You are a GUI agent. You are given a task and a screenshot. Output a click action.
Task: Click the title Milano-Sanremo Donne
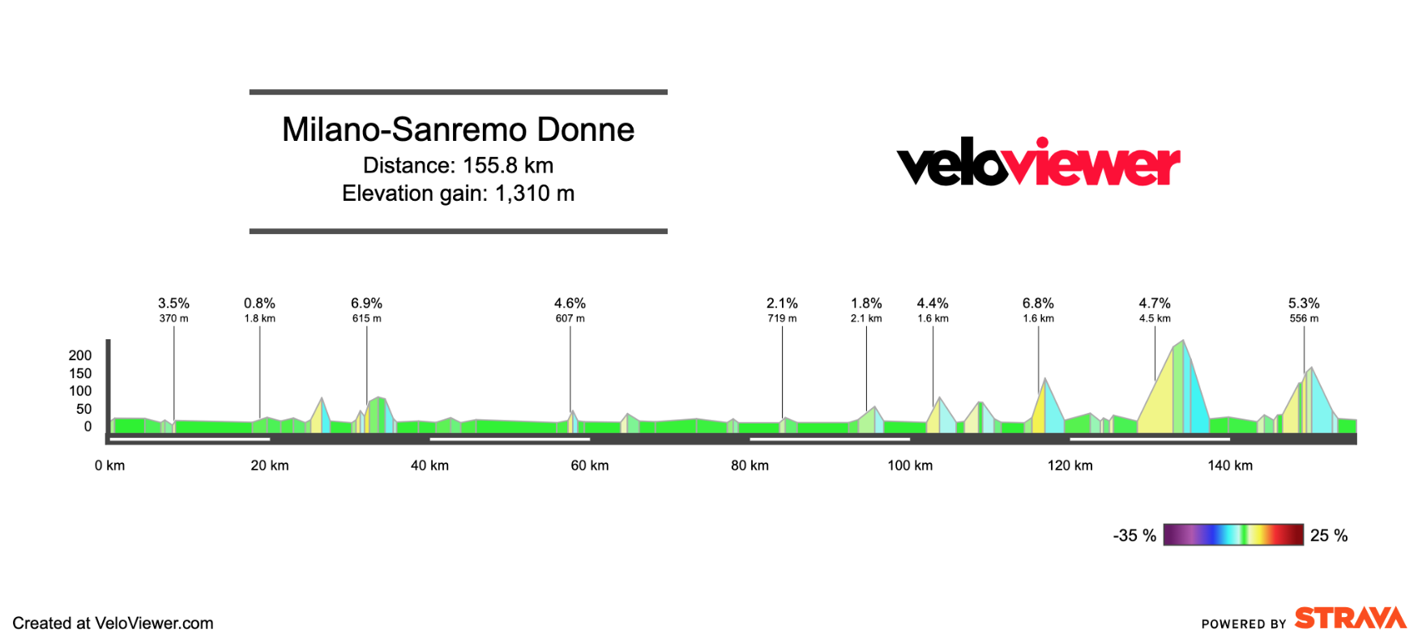pos(458,130)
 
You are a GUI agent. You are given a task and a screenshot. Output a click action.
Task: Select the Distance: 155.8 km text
pos(458,165)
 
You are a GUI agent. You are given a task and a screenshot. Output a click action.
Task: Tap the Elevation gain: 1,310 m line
pos(458,194)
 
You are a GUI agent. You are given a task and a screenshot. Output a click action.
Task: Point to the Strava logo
pos(1350,618)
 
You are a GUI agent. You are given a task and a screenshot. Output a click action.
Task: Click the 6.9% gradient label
pos(366,303)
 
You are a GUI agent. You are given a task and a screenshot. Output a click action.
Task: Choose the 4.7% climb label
pos(1155,303)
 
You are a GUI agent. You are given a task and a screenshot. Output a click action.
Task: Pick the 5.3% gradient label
pos(1304,303)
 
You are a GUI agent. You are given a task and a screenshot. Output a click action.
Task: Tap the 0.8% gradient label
pos(259,303)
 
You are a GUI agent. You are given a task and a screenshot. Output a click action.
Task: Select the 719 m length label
pos(782,318)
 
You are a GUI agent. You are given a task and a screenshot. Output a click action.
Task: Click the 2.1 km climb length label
pos(866,318)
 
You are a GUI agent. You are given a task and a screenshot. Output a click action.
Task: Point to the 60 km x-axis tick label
pos(589,466)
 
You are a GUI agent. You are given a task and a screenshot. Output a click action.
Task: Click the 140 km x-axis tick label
pos(1230,466)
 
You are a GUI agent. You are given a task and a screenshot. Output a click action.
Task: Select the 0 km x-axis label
pos(109,466)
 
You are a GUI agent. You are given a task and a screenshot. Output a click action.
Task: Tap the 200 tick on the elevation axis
pos(80,355)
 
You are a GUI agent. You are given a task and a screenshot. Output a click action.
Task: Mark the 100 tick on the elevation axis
pos(80,391)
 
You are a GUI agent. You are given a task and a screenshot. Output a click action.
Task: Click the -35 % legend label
pos(1134,535)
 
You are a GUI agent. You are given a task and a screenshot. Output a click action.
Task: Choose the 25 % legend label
pos(1329,535)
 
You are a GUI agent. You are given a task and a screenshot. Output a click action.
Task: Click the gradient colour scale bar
pos(1232,534)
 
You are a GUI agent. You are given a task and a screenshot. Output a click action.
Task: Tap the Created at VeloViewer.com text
pos(113,623)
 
